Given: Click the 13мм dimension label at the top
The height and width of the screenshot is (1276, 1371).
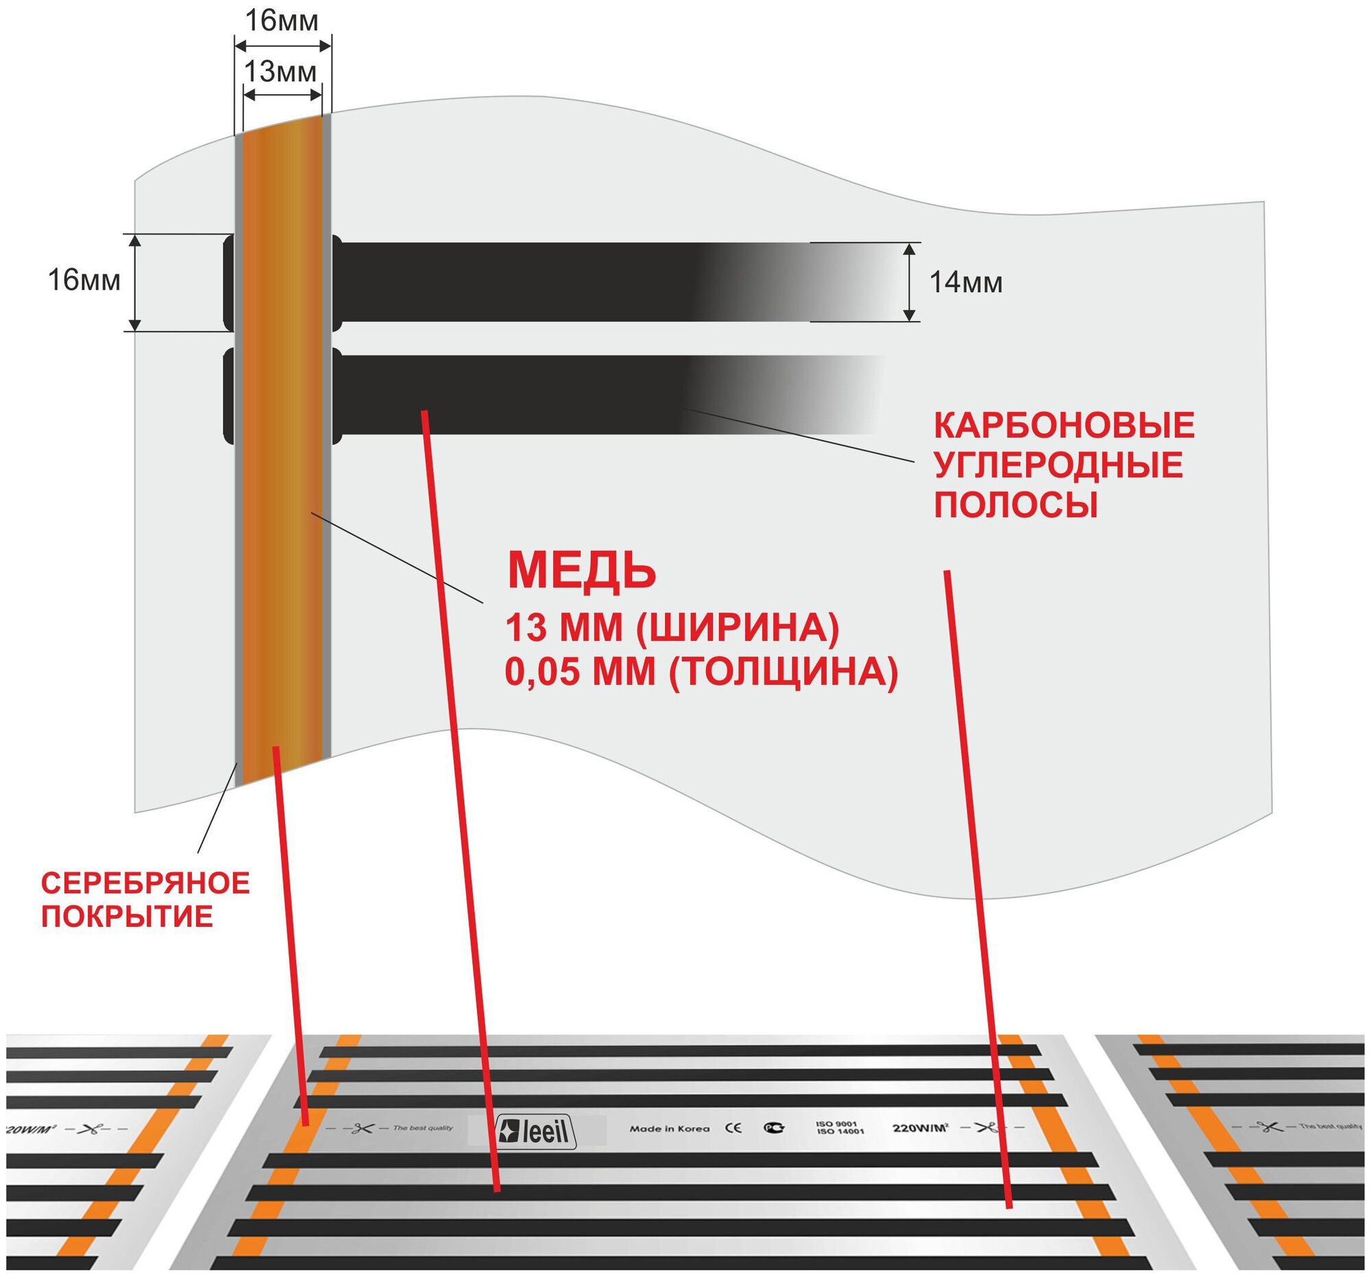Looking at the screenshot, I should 280,71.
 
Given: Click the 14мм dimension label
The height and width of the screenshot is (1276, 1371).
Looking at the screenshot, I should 965,283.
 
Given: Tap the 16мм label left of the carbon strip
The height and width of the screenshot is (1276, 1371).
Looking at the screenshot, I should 84,281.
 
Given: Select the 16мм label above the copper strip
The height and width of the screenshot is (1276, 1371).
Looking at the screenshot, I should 282,21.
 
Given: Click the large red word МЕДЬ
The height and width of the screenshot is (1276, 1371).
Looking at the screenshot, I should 581,571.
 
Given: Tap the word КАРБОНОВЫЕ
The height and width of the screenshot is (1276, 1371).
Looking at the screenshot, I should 1063,426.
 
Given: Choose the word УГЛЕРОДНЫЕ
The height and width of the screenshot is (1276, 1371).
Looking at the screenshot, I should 1058,465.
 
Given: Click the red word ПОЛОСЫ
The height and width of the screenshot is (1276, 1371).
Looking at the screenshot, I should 1015,505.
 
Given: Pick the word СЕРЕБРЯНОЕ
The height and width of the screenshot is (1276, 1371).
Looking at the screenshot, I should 145,884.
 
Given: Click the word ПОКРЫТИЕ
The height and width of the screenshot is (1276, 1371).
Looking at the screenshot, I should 127,917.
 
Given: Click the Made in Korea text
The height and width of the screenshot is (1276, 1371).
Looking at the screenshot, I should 669,1129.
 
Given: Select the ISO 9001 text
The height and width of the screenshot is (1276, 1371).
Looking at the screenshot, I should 836,1124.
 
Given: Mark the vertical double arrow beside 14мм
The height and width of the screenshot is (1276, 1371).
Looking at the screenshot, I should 910,281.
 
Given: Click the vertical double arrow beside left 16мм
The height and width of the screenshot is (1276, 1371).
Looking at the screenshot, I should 135,282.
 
